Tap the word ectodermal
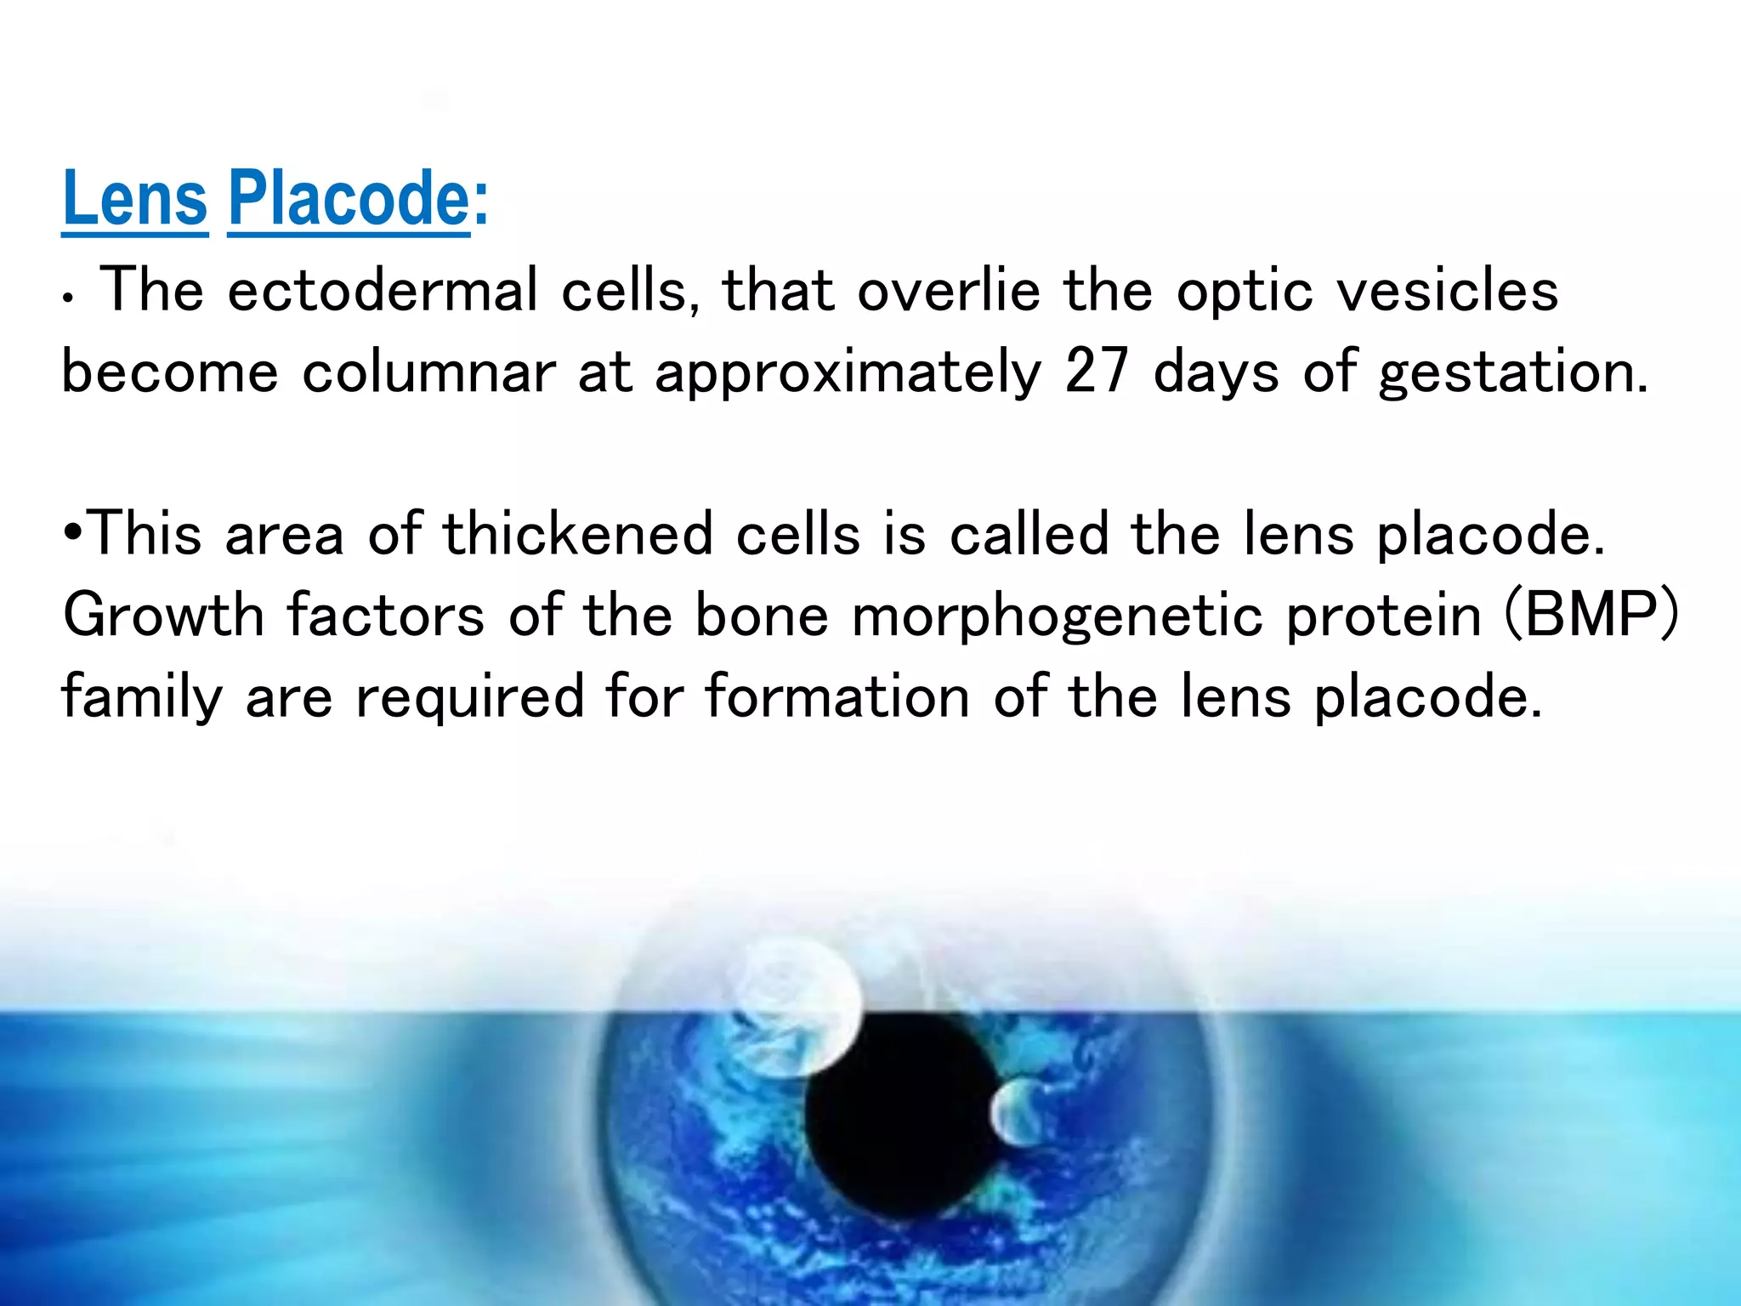tap(383, 291)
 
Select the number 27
tap(1097, 372)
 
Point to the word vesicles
tap(1448, 291)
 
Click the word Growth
tap(163, 615)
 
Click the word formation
tap(837, 696)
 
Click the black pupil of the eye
tap(901, 1122)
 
